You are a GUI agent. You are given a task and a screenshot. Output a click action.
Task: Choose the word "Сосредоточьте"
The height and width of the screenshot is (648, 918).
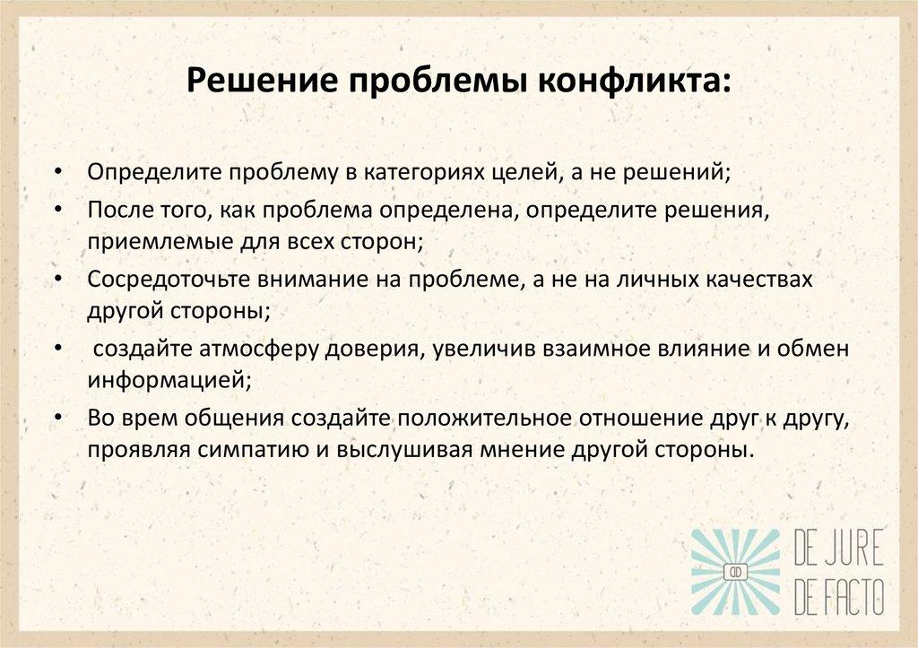tap(154, 279)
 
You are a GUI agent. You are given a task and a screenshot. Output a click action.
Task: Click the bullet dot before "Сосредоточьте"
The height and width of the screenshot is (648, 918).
tap(57, 279)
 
